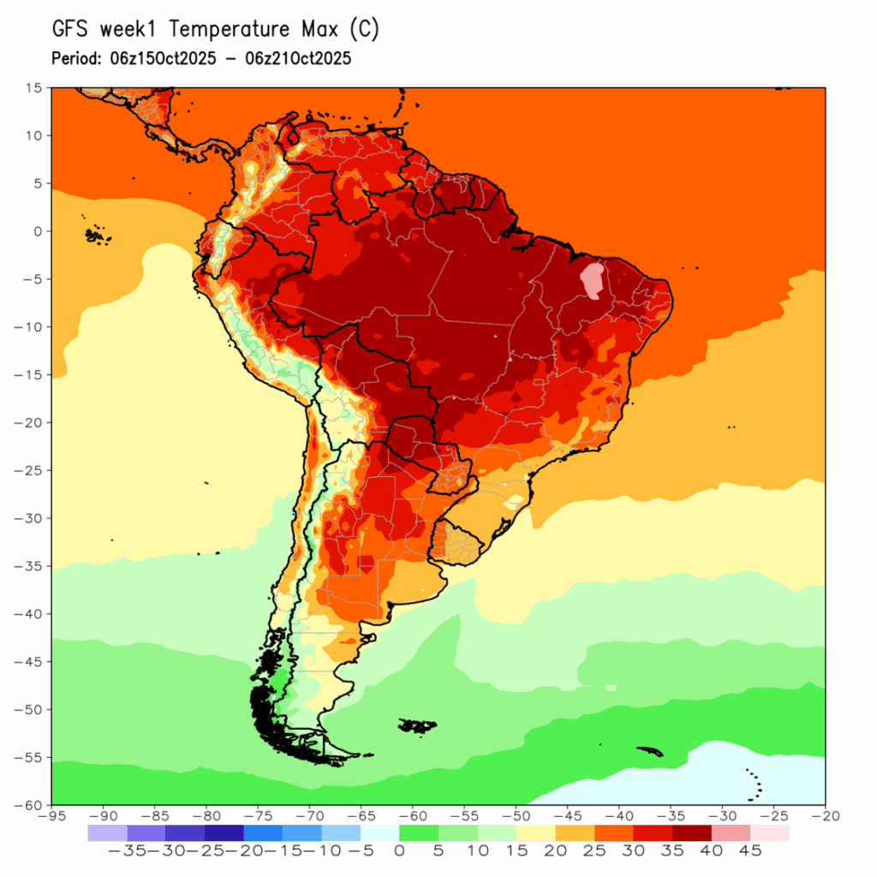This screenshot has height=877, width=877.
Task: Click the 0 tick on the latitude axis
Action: (38, 231)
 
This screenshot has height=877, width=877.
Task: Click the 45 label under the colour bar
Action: (750, 851)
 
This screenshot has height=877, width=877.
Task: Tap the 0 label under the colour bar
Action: (399, 851)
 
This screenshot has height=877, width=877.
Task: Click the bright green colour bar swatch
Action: (419, 832)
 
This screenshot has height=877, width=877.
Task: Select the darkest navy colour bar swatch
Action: (224, 832)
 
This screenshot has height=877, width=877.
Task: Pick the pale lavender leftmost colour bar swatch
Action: (107, 832)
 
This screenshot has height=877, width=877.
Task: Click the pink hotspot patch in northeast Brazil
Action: (593, 279)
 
